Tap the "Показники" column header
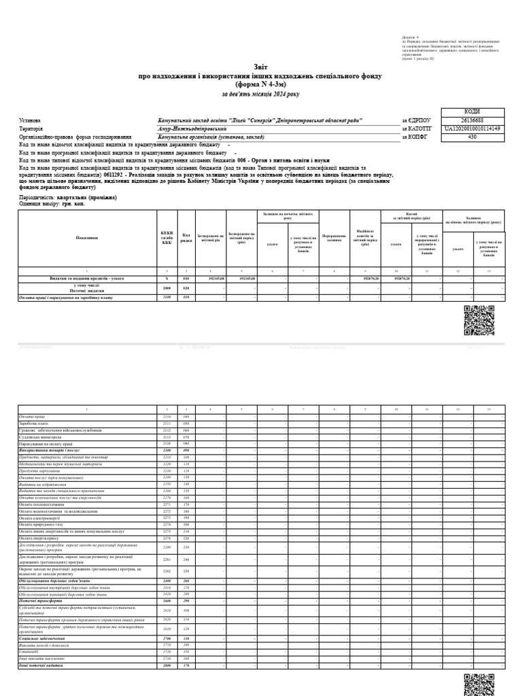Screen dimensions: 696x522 coord(87,237)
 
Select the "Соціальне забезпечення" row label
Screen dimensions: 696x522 coord(42,639)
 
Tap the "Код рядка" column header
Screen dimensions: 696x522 coord(186,237)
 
